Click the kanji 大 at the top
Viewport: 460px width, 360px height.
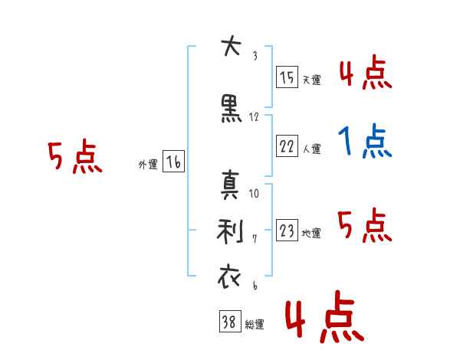(x=232, y=45)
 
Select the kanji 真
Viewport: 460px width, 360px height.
(x=230, y=185)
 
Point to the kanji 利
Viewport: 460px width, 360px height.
(x=230, y=231)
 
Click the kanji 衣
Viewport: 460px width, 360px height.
(x=229, y=277)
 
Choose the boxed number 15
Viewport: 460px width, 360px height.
(x=287, y=77)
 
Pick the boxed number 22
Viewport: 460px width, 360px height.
(x=287, y=146)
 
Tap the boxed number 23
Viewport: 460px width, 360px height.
(x=287, y=230)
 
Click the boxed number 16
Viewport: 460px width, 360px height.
(x=173, y=162)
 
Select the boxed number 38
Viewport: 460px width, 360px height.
(x=230, y=321)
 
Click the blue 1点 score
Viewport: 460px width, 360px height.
(x=365, y=141)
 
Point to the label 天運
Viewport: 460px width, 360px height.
(x=312, y=80)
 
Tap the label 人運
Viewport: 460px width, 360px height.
(x=312, y=149)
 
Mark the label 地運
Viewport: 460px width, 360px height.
(x=311, y=234)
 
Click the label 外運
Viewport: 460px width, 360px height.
(x=148, y=165)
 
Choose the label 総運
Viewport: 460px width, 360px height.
(x=255, y=324)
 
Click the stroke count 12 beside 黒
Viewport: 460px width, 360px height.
(x=254, y=117)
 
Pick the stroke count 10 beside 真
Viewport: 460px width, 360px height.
(x=254, y=193)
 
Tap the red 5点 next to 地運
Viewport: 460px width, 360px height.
(x=365, y=225)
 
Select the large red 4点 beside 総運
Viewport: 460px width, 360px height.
(x=325, y=316)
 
